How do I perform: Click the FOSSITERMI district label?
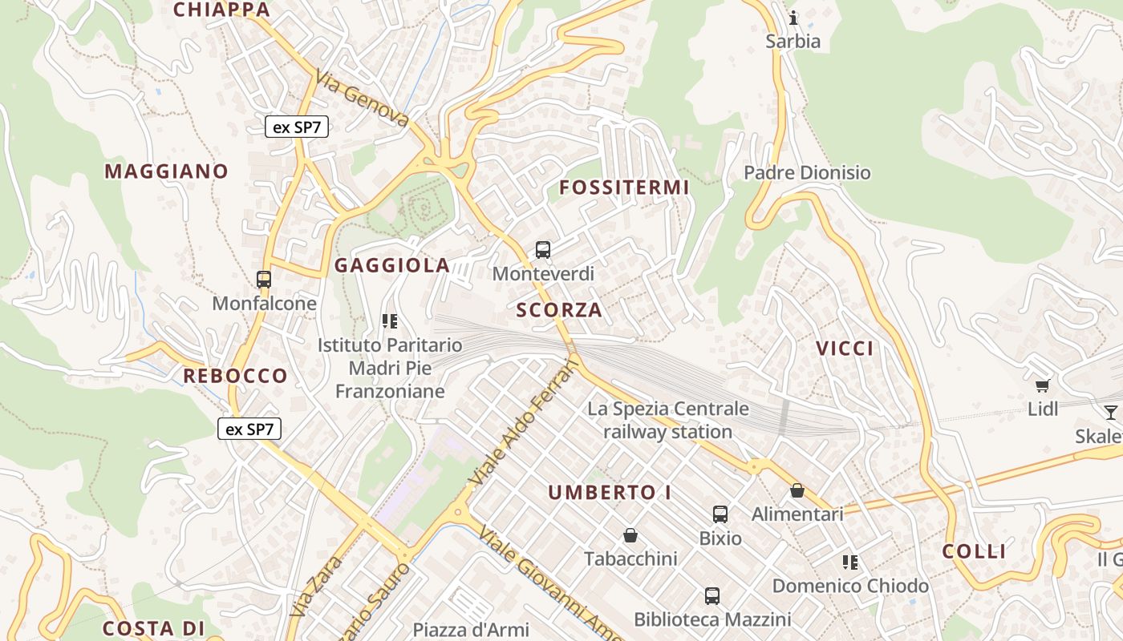point(624,187)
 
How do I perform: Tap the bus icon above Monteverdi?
point(543,250)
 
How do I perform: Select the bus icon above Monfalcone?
point(264,280)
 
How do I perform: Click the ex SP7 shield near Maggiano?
point(297,127)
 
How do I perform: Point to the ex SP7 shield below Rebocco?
point(249,429)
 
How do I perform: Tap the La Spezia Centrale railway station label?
point(668,421)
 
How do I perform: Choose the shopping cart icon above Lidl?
point(1042,386)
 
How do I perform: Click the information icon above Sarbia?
point(793,18)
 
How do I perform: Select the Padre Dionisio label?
point(807,173)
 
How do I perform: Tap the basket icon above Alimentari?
point(797,490)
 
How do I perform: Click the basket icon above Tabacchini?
point(630,535)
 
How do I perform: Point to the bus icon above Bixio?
point(720,514)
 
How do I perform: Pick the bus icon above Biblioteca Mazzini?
point(712,596)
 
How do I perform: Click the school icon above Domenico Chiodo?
point(850,562)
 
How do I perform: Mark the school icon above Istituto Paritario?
point(390,322)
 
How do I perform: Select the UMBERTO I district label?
point(610,493)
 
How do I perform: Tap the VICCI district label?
point(845,349)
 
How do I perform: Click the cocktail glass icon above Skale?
point(1110,413)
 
